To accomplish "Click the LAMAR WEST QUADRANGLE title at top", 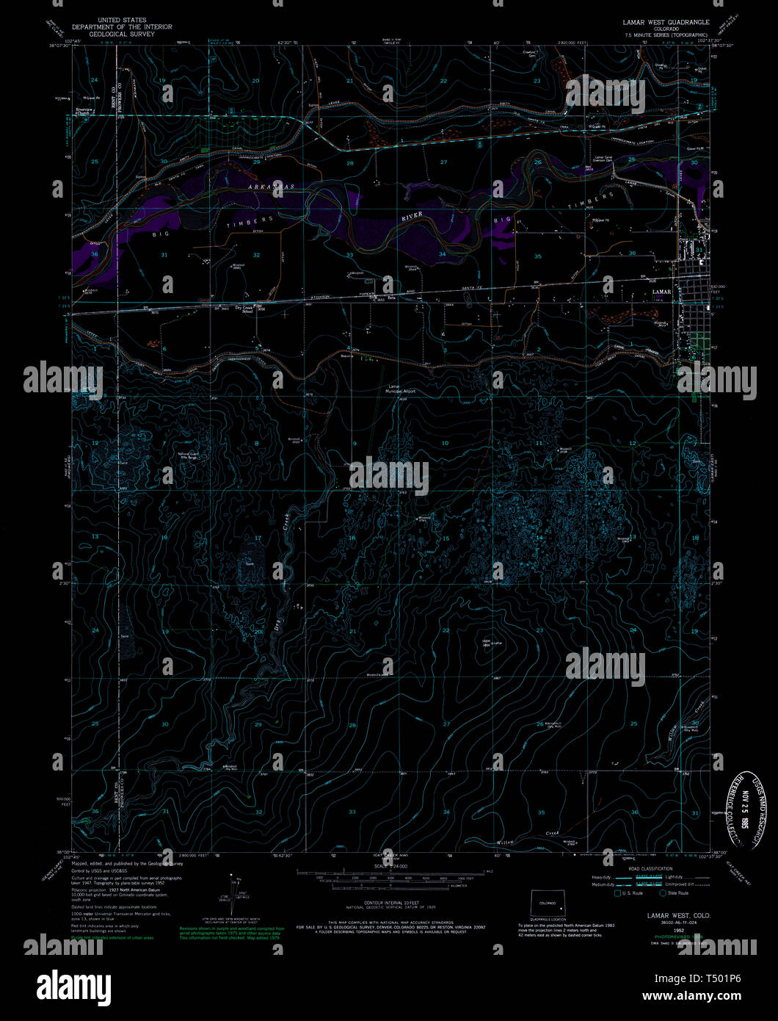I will pyautogui.click(x=666, y=22).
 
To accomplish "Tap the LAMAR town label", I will pyautogui.click(x=661, y=292).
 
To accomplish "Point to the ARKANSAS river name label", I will pyautogui.click(x=269, y=187).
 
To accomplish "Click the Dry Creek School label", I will pyautogui.click(x=248, y=309).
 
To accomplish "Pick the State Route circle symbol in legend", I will pyautogui.click(x=663, y=893).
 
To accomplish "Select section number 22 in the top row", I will pyautogui.click(x=443, y=80).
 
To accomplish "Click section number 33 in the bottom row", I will pyautogui.click(x=352, y=812).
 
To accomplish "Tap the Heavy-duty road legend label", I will pyautogui.click(x=601, y=877).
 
